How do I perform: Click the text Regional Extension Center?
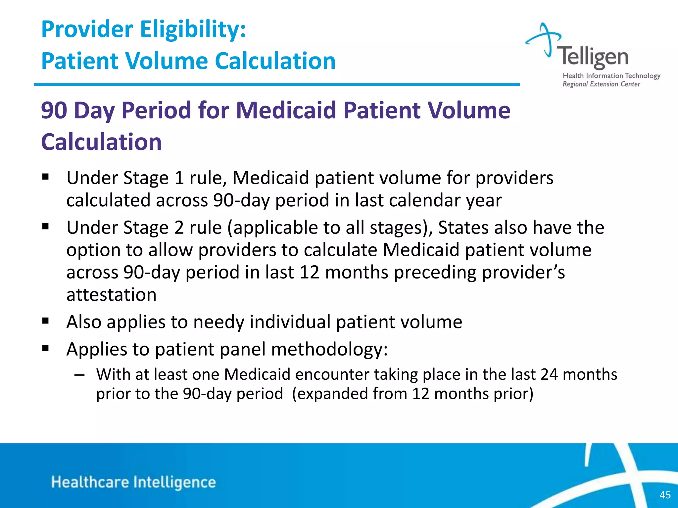tap(601, 84)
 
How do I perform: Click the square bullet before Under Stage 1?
tap(46, 177)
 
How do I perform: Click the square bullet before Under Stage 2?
tap(46, 227)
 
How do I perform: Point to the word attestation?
tap(111, 295)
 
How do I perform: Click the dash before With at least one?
tap(79, 375)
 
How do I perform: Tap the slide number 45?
tap(665, 495)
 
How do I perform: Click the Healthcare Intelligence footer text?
tap(133, 482)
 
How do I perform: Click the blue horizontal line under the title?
tap(276, 85)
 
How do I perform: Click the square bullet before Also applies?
tap(46, 321)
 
